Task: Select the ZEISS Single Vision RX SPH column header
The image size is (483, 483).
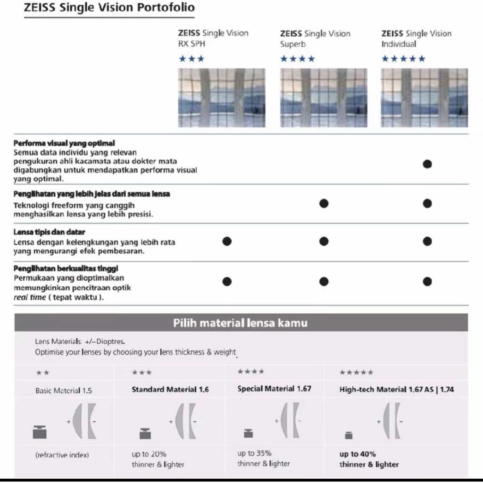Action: coord(213,38)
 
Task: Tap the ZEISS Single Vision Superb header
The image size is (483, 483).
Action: coord(315,39)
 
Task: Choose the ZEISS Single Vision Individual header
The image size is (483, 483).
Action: coord(416,39)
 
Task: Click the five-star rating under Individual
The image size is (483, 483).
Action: coord(403,59)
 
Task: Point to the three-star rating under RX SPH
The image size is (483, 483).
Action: coord(192,59)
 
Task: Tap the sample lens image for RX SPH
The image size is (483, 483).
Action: coord(222,98)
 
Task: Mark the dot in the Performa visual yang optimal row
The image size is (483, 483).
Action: coord(427,164)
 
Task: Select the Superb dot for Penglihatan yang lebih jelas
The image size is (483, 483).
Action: coord(324,203)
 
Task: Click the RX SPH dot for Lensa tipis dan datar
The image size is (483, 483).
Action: coord(227,241)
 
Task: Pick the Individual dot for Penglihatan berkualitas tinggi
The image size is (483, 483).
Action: coord(427,282)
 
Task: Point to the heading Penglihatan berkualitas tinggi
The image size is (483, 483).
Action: coord(66,268)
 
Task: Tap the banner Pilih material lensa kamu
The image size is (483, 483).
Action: coord(241,323)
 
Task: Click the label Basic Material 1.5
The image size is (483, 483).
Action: coord(64,391)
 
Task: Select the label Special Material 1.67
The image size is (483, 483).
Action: coord(274,389)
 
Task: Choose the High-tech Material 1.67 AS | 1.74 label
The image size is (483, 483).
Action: coord(396,390)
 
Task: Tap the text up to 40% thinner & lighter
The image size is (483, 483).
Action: coord(369,459)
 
